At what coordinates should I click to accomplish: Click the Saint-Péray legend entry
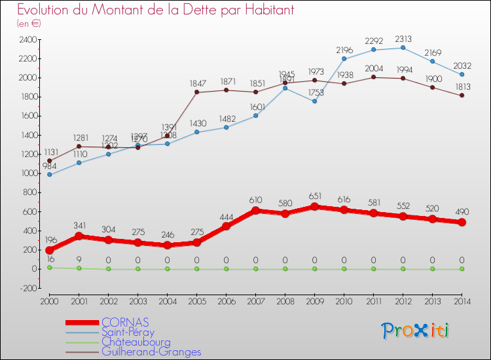(128, 332)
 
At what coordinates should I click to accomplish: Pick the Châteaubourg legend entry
(136, 342)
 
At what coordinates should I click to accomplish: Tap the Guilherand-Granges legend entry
(151, 351)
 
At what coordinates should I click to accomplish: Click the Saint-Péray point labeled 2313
(403, 47)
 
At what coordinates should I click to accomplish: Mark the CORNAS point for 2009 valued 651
(314, 207)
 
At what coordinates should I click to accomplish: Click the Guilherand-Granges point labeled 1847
(196, 92)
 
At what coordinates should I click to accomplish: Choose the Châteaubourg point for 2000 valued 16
(49, 268)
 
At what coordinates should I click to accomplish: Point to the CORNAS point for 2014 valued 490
(462, 222)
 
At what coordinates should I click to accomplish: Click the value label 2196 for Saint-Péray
(344, 50)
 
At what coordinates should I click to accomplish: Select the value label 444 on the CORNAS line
(226, 217)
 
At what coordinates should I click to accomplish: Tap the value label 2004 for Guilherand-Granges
(373, 68)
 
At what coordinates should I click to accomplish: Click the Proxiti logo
(416, 331)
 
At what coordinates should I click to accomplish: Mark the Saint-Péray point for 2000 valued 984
(49, 175)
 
